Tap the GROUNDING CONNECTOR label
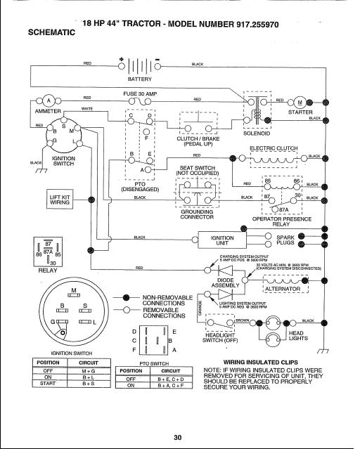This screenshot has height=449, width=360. coord(196,214)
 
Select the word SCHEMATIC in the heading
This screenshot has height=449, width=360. coord(51,32)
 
